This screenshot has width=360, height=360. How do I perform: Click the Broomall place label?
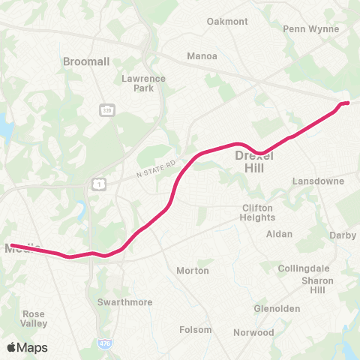[87, 61]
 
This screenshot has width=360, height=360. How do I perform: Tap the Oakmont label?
[226, 22]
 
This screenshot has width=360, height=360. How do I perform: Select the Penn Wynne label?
[311, 29]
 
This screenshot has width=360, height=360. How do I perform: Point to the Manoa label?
[201, 55]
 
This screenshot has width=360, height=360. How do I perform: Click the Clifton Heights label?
[258, 212]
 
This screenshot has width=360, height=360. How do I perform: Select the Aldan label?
[280, 234]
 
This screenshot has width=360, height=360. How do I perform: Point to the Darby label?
[343, 235]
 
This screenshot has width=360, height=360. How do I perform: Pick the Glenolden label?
[277, 308]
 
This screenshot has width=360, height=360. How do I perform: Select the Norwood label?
[253, 332]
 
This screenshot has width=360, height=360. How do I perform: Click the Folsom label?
[196, 330]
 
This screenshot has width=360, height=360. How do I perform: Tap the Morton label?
[192, 270]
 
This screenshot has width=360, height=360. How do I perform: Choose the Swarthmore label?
[125, 302]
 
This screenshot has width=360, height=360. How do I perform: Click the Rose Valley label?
[34, 319]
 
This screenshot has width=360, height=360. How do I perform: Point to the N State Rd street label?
[155, 169]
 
